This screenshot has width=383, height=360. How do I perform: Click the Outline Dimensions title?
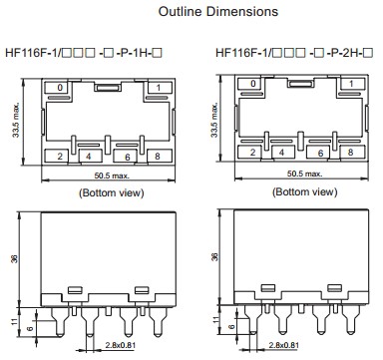coord(218,11)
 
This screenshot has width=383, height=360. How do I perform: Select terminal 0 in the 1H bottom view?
coord(58,87)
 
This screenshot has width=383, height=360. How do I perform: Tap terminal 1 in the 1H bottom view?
coord(160,88)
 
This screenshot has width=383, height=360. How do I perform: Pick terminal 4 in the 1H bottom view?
coord(90,156)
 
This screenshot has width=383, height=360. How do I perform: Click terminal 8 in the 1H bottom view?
coord(160,156)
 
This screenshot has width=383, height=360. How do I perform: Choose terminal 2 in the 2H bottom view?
coord(251,153)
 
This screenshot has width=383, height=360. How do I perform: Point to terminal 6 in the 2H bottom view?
coord(320,153)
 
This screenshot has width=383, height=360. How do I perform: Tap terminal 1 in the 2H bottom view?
coord(352,84)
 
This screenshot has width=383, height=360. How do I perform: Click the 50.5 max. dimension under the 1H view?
coord(112,176)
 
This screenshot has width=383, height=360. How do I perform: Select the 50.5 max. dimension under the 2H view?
coord(304,174)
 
